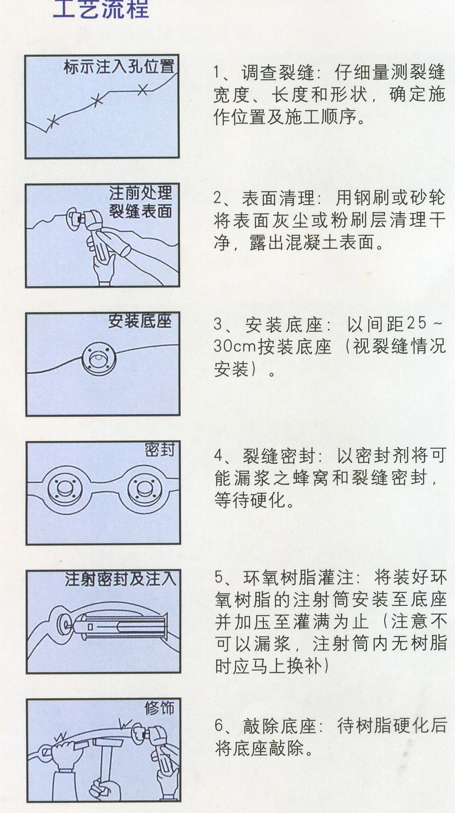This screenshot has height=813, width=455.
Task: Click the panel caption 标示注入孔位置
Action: pos(119,67)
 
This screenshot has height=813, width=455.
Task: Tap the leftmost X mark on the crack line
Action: pos(53,121)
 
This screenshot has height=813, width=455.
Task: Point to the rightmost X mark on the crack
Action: pos(143,89)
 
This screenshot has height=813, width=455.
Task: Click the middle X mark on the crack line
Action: pos(97,101)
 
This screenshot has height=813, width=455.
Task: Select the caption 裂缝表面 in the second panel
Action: pos(141,212)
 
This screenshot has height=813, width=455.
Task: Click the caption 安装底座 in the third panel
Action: pos(140,321)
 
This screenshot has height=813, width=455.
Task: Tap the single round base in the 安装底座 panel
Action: pos(99,359)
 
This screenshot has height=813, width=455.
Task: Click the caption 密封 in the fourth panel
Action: pos(160,450)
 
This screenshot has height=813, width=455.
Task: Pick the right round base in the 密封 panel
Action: pos(144,489)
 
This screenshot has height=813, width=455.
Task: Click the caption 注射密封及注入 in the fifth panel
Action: pos(120,579)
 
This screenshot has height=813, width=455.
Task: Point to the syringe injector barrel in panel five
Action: pos(120,627)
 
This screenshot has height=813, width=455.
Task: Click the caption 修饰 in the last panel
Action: pos(160,708)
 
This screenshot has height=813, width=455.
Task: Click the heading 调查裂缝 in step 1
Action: pos(278,73)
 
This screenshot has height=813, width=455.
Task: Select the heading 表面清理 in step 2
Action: pos(278,198)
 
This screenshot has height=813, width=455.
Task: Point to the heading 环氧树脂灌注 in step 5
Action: pos(298,577)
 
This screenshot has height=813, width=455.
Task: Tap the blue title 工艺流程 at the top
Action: pos(101,9)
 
